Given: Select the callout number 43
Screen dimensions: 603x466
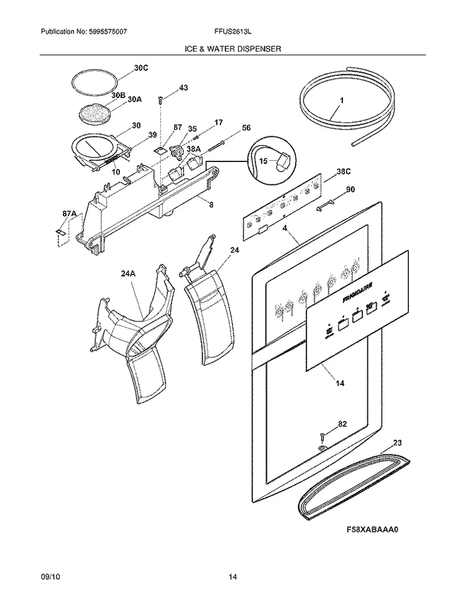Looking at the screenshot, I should point(183,88).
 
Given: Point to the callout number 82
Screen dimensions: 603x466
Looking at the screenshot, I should point(342,425).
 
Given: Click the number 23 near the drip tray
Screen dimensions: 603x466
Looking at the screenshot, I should point(397,443).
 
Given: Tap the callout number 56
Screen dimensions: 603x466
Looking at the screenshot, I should point(246,128).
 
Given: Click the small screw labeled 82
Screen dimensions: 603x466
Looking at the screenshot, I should point(322,435).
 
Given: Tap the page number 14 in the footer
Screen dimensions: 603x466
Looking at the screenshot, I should point(232,577).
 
